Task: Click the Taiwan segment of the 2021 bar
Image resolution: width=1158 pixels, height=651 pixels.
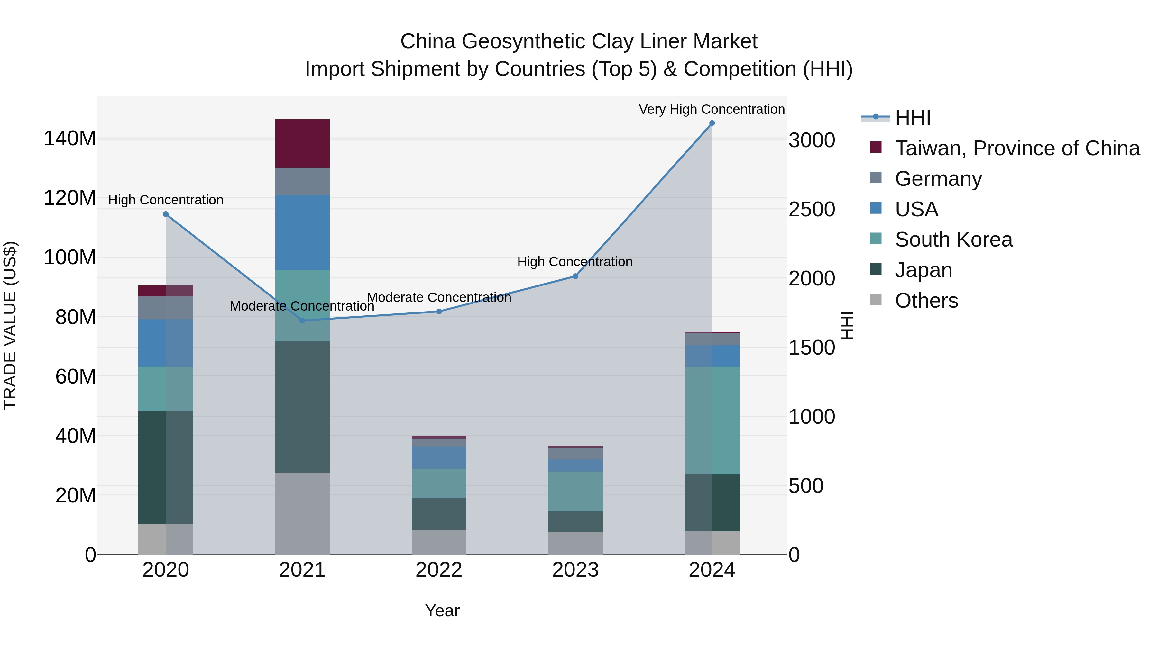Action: click(302, 143)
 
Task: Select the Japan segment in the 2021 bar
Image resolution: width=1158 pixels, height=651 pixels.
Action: click(302, 407)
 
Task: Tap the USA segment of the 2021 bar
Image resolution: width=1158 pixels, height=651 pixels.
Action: click(302, 232)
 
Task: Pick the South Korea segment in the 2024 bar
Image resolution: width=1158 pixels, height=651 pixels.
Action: click(712, 420)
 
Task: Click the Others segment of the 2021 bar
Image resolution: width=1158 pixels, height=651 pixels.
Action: click(302, 513)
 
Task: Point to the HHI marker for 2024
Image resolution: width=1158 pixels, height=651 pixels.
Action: click(712, 123)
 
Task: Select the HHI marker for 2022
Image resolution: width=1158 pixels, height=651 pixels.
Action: click(439, 311)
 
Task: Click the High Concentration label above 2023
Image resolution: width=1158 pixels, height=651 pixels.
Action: click(574, 262)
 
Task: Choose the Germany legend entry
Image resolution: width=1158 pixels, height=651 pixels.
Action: click(938, 179)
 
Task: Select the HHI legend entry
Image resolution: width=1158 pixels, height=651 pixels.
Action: click(912, 118)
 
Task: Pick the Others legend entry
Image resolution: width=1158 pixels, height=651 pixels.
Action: click(926, 301)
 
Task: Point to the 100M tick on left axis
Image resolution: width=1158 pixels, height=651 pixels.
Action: click(70, 258)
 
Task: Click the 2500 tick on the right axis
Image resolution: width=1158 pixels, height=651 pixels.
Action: click(812, 209)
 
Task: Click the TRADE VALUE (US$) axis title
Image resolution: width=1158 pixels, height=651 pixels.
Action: click(10, 325)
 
